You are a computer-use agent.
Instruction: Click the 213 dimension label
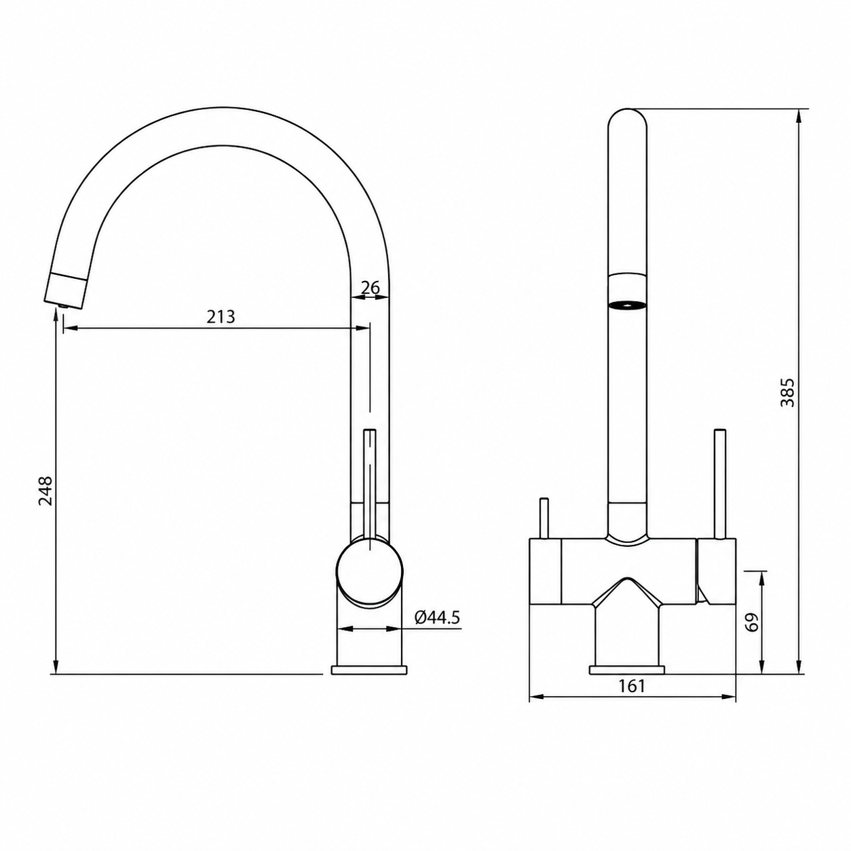[221, 317]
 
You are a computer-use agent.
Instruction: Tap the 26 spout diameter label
[371, 288]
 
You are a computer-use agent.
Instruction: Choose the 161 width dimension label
[632, 685]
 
